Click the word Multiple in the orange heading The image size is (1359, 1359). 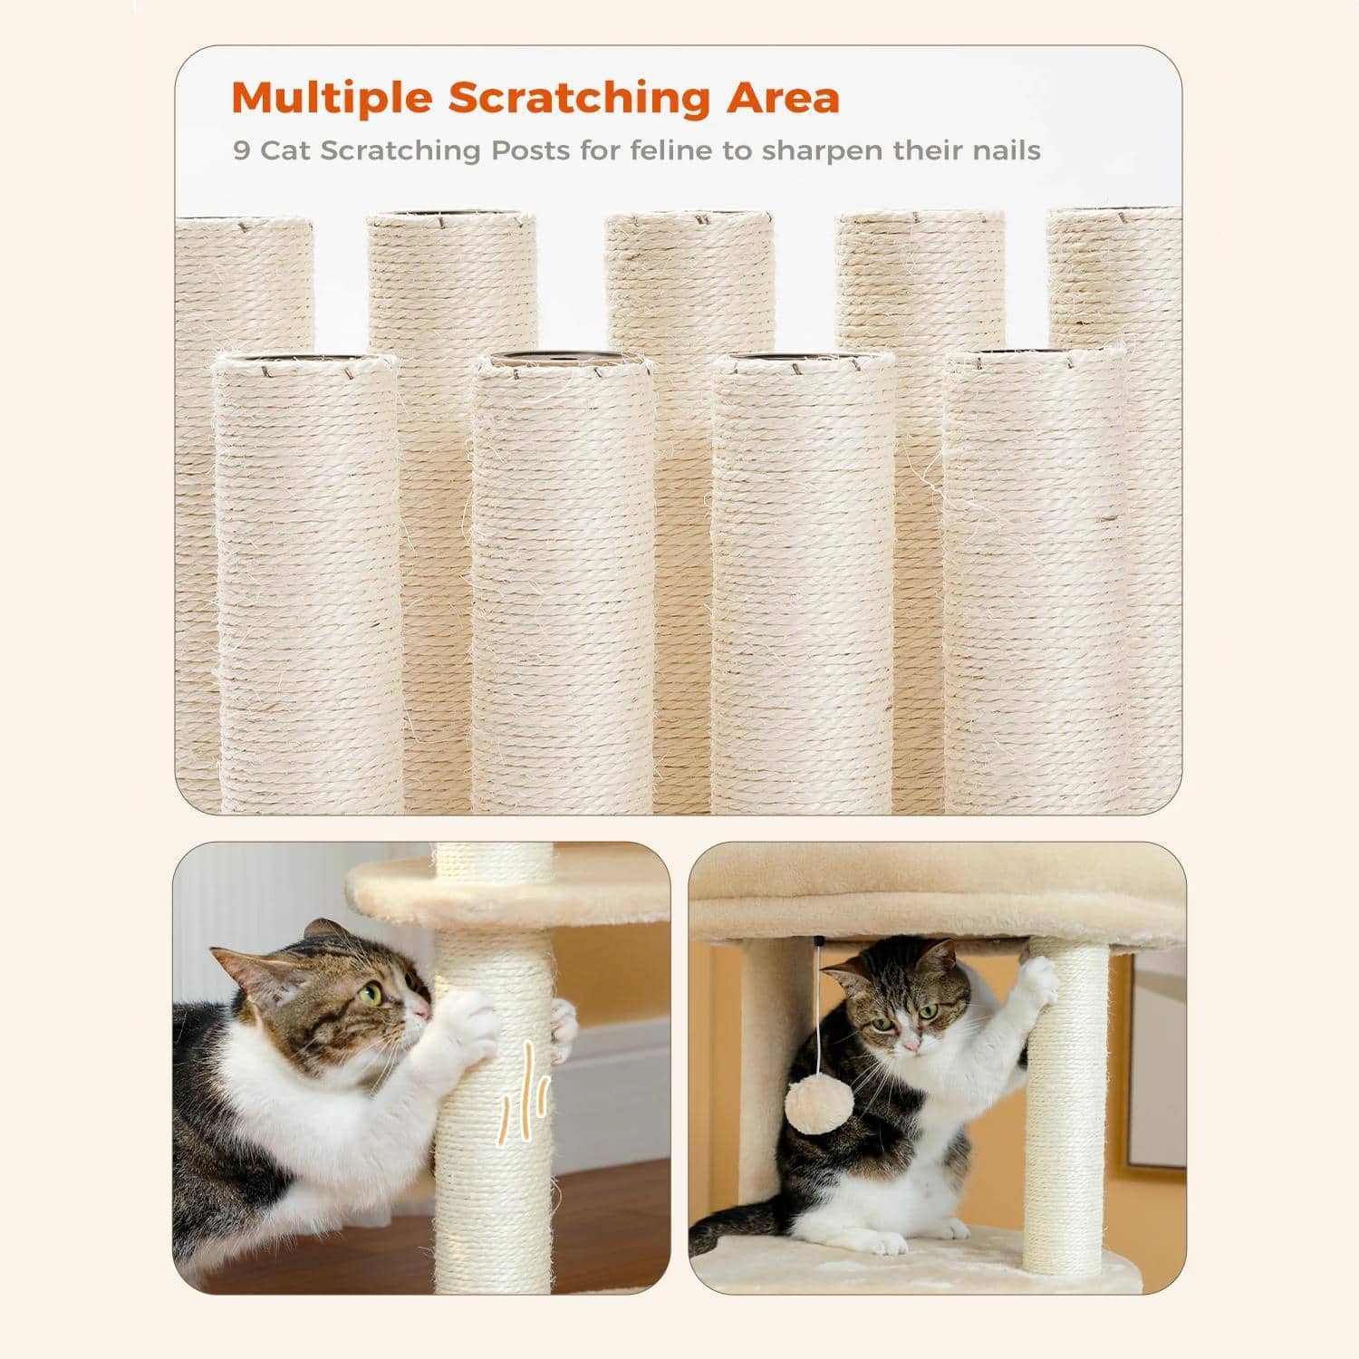[x=332, y=98]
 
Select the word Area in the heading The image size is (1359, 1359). [x=783, y=98]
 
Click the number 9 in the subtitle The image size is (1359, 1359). [x=241, y=149]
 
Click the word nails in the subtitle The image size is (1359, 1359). [x=1002, y=149]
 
